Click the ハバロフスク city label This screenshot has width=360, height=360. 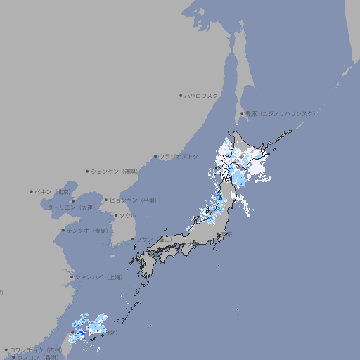pos(202,96)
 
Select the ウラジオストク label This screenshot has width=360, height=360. pos(179,156)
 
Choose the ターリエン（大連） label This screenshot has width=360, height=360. pos(71,207)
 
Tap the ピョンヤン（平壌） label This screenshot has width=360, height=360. pos(133,200)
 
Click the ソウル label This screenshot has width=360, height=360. pos(127,215)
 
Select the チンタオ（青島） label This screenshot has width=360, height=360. pos(87,230)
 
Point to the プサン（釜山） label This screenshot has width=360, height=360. pos(154,239)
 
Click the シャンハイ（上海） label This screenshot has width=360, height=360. pos(98,277)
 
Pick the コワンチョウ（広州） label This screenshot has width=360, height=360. pos(37,349)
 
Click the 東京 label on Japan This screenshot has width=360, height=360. pos(227,235)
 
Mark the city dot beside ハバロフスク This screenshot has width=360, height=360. pos(181,96)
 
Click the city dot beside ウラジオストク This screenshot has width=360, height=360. pos(155,156)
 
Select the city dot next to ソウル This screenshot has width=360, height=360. pos(115,215)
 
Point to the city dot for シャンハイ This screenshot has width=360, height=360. pos(72,277)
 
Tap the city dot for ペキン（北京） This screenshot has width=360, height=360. pos(32,191)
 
